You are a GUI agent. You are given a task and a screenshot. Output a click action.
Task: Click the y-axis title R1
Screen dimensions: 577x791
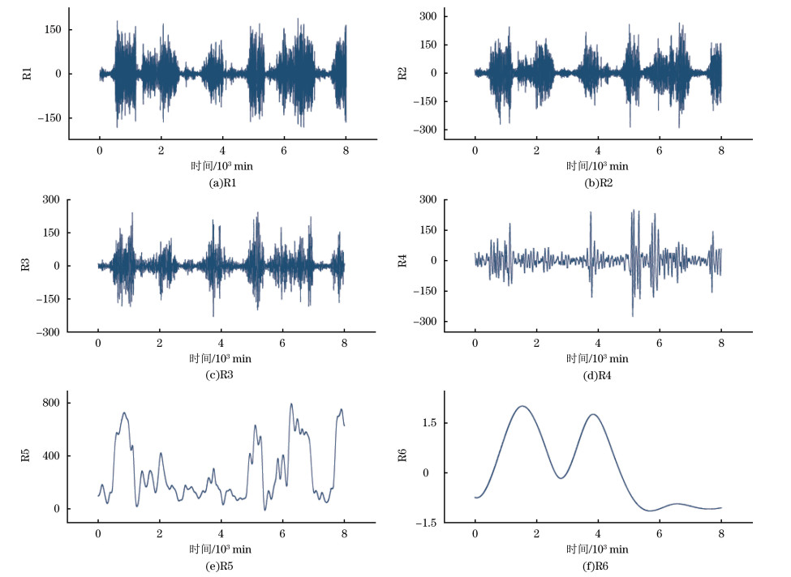click(28, 74)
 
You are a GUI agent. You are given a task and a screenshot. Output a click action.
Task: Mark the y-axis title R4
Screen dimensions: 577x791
click(403, 261)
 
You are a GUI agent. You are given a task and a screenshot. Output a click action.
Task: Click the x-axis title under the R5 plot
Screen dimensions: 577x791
click(221, 549)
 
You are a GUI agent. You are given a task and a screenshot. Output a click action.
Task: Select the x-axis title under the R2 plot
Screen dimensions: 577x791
click(598, 167)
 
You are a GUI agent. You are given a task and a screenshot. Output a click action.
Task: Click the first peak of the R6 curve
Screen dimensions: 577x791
click(522, 406)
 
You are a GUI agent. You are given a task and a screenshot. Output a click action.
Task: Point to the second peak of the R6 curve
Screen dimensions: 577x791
click(593, 414)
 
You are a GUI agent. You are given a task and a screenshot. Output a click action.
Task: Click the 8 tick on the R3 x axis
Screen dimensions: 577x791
click(344, 342)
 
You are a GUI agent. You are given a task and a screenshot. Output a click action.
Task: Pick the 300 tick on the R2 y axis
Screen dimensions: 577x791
click(428, 16)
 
